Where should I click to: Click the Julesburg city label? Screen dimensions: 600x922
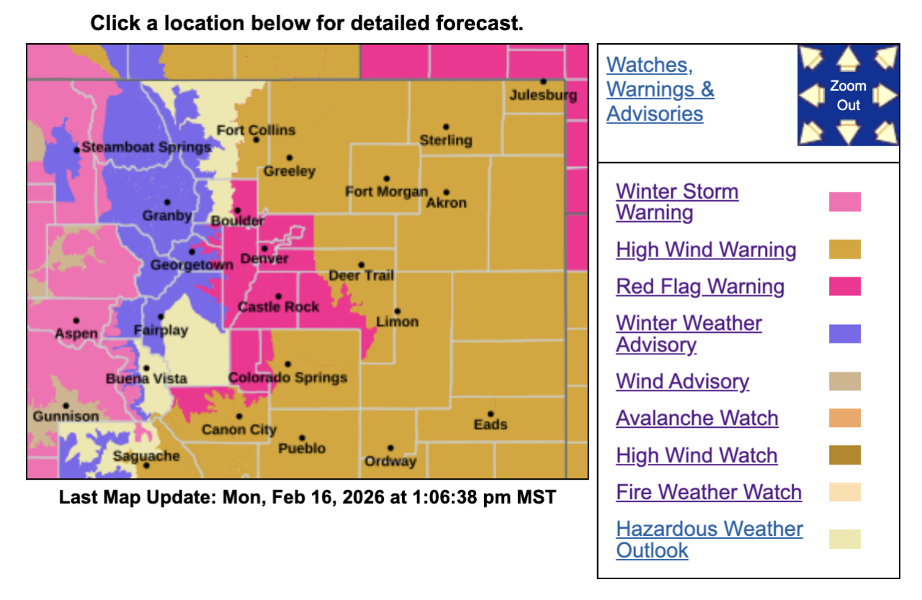pyautogui.click(x=543, y=95)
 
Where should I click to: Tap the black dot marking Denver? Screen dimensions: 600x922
pyautogui.click(x=265, y=248)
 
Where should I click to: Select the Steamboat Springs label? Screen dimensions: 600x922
pyautogui.click(x=146, y=147)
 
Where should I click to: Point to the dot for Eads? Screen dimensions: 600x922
pyautogui.click(x=491, y=414)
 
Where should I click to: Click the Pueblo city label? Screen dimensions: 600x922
pyautogui.click(x=302, y=448)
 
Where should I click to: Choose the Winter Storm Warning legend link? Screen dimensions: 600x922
pyautogui.click(x=677, y=202)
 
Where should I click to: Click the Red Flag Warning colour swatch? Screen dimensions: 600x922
pyautogui.click(x=844, y=286)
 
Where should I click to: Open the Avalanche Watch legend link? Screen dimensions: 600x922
pyautogui.click(x=697, y=418)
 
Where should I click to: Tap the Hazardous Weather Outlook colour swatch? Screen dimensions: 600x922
pyautogui.click(x=844, y=539)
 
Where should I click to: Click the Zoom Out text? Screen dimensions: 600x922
pyautogui.click(x=848, y=95)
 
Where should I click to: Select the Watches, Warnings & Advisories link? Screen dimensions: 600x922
pyautogui.click(x=660, y=89)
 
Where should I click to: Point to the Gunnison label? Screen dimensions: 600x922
pyautogui.click(x=66, y=416)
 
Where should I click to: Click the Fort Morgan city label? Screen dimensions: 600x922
pyautogui.click(x=386, y=192)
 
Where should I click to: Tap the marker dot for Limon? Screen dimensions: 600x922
pyautogui.click(x=397, y=311)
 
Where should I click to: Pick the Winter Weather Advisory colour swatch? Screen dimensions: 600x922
pyautogui.click(x=844, y=333)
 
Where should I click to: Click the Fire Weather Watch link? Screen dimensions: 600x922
pyautogui.click(x=709, y=492)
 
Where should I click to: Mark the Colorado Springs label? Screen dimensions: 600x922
pyautogui.click(x=287, y=377)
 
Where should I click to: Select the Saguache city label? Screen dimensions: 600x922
pyautogui.click(x=146, y=456)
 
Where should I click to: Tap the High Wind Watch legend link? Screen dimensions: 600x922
pyautogui.click(x=697, y=455)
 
